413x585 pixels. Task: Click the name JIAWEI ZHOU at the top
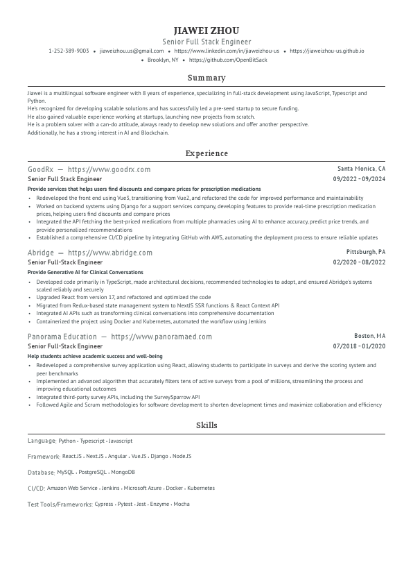(206, 31)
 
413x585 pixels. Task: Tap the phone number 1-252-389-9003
(69, 51)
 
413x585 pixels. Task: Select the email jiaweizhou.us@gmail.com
(132, 51)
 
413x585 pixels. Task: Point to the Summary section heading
(206, 78)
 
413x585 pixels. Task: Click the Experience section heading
(206, 153)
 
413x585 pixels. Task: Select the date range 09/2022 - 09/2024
(359, 178)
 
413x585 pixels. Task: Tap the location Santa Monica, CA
(361, 169)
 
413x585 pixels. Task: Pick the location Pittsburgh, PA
(366, 252)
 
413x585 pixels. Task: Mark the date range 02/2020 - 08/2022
(359, 262)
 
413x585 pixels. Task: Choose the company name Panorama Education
(62, 337)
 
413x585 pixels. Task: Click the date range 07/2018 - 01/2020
(359, 346)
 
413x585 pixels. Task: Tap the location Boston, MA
(369, 335)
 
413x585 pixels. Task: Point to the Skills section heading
(206, 425)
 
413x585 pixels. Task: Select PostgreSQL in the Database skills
(93, 472)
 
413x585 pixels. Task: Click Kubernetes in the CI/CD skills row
(201, 488)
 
